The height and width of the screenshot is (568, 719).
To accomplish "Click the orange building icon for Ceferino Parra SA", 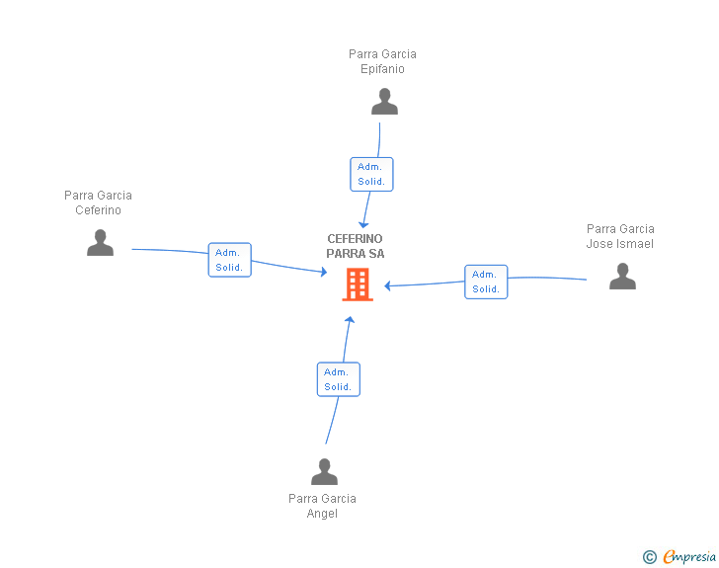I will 357,284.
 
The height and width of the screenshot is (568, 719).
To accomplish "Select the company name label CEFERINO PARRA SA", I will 356,246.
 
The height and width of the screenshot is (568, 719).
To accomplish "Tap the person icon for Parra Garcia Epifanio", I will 384,102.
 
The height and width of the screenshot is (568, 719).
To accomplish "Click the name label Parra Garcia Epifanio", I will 382,61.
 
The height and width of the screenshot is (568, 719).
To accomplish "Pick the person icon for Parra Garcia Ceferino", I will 100,243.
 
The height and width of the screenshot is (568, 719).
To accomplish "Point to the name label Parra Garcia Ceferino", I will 98,203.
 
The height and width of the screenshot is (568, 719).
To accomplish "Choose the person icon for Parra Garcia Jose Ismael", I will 622,277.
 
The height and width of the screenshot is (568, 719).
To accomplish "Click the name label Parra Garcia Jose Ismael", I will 620,236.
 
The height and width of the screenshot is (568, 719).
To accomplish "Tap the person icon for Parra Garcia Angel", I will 324,472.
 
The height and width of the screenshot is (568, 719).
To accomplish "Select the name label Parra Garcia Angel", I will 322,506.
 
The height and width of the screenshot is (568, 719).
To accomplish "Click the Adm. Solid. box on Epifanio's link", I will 371,174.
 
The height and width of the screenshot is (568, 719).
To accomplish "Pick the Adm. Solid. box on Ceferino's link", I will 229,260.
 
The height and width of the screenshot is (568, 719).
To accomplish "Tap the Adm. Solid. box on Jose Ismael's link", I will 486,282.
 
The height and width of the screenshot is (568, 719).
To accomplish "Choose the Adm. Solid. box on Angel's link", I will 338,379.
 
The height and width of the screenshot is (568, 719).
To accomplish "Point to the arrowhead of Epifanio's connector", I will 363,225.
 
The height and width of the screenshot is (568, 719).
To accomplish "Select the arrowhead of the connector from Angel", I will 349,319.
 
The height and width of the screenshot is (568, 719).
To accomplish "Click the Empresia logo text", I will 688,557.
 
